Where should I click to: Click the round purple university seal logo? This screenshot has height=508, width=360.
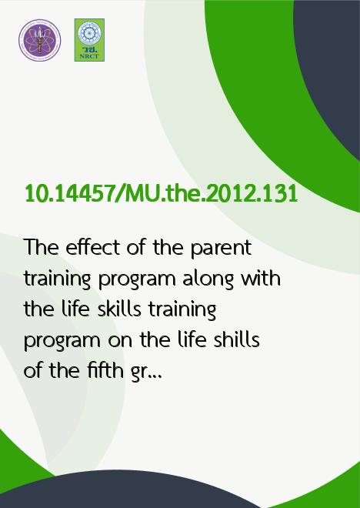click(x=39, y=40)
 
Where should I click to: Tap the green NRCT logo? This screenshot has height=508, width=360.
click(x=89, y=40)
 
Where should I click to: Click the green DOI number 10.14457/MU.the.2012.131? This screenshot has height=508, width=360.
click(x=162, y=194)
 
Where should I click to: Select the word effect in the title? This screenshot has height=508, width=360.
click(x=92, y=248)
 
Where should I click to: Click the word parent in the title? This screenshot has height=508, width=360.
click(x=221, y=249)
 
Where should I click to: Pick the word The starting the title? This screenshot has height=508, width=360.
click(x=42, y=247)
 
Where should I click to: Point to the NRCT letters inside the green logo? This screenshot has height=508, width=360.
click(x=89, y=56)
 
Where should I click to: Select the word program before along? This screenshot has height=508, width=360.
click(x=137, y=281)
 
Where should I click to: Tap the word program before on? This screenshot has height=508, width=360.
click(x=62, y=342)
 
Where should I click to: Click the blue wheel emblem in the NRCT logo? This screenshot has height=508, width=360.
click(x=89, y=33)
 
